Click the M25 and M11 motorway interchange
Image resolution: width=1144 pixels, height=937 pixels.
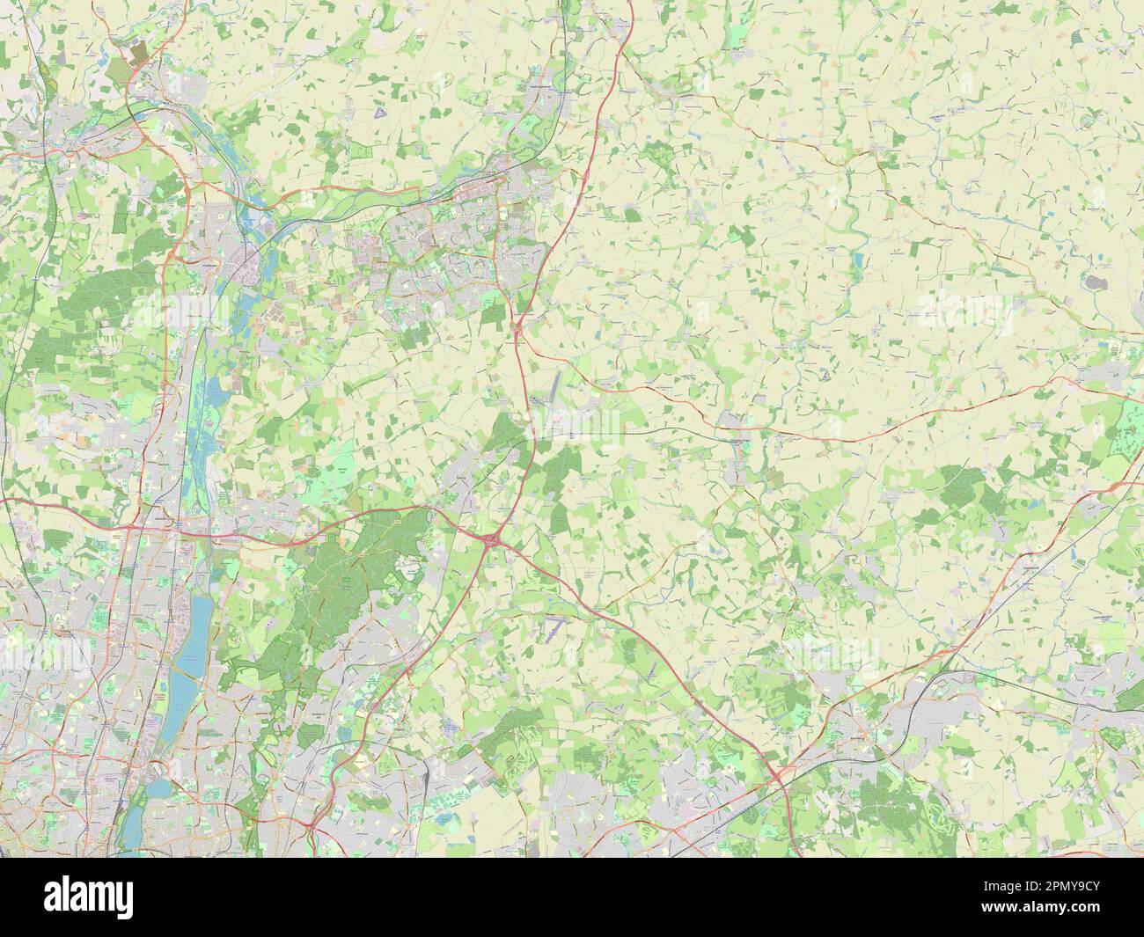[489, 538]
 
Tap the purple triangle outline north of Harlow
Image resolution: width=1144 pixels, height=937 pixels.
[378, 113]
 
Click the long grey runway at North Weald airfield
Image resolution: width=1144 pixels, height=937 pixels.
[556, 388]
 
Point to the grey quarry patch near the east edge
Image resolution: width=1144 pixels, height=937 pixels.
[1096, 282]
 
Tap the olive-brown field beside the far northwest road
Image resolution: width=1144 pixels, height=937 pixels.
[139, 54]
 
